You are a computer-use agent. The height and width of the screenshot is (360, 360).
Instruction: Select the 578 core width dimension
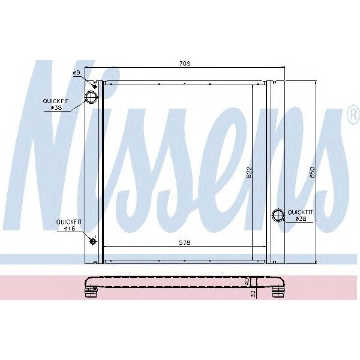pos(184,242)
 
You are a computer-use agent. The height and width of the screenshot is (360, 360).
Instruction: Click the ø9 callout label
pos(77,73)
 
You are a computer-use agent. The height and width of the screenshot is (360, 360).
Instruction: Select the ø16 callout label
pos(65,229)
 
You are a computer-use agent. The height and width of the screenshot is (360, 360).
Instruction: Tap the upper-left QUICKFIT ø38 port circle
pos(91,97)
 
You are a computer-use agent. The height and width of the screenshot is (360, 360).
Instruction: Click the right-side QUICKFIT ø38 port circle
pos(278,215)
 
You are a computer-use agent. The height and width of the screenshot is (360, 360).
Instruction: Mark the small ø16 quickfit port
pos(92,241)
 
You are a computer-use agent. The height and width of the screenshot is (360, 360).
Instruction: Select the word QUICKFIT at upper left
pos(55,101)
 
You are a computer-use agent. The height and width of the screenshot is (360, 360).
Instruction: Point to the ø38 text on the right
pos(301,219)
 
